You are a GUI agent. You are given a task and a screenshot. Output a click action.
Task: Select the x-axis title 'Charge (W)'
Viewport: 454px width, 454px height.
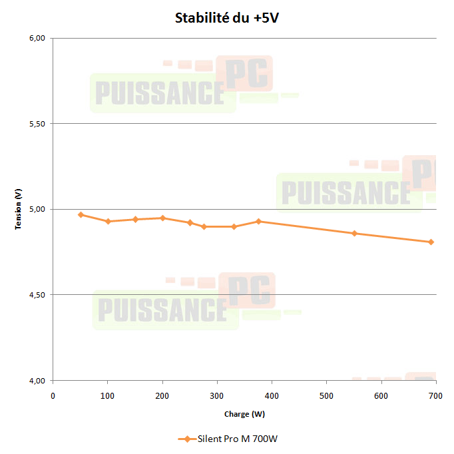(x=244, y=414)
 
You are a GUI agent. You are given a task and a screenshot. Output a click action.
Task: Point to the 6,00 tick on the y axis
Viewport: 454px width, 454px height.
(x=37, y=38)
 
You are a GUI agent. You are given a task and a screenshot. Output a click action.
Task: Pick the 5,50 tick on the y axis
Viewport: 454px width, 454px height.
(x=37, y=124)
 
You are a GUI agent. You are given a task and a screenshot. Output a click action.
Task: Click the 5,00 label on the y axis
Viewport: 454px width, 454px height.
(x=37, y=209)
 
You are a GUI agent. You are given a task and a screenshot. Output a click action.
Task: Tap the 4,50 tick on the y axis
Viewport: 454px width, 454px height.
(x=37, y=295)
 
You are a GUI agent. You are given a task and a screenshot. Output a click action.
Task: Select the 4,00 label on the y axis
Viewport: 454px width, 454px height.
(x=37, y=381)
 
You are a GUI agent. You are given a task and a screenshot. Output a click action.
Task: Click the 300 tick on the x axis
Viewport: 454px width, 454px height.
(x=217, y=395)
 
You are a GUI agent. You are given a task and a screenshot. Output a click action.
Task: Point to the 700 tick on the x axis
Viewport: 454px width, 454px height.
(x=436, y=395)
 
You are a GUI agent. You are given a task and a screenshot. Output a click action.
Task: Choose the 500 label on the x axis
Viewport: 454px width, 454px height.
(x=326, y=395)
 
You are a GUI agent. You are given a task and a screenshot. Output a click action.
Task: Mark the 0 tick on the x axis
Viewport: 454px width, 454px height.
(x=53, y=395)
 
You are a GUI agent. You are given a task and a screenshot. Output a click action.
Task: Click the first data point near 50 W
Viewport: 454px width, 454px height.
(x=81, y=214)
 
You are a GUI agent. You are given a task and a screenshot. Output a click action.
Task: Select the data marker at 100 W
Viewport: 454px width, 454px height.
(x=108, y=221)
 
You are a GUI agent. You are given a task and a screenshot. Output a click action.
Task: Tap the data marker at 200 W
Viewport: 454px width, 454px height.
(x=162, y=218)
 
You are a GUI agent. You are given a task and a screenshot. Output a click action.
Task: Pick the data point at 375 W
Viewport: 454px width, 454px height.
(x=258, y=221)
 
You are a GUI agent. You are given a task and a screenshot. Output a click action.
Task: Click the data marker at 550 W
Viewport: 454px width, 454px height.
(x=354, y=233)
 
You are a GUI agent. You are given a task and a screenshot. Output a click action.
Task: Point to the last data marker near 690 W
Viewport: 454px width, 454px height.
(x=431, y=242)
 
